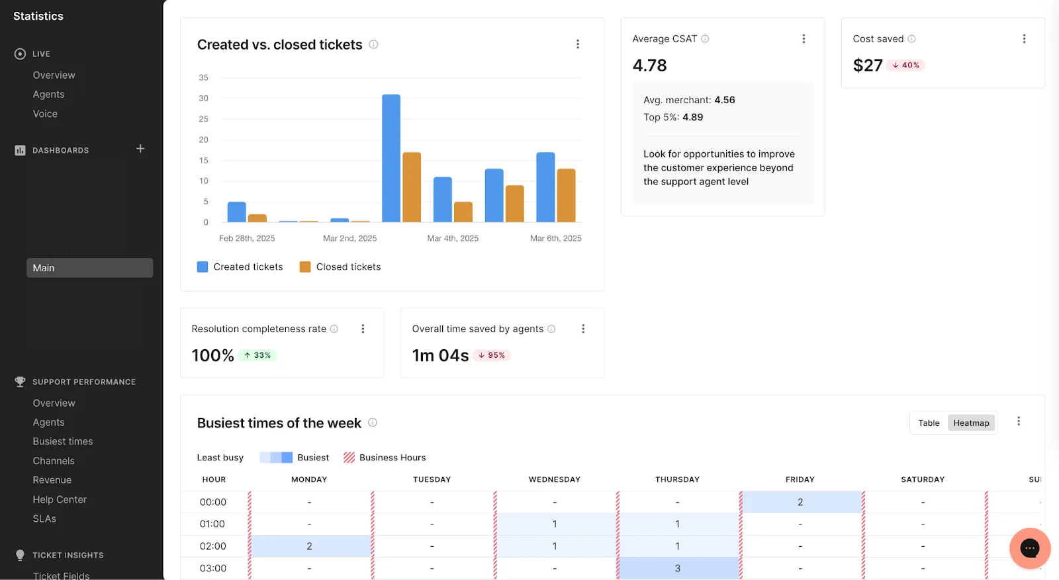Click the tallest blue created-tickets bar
click(391, 158)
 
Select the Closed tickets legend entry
click(340, 267)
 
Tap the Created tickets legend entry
click(240, 267)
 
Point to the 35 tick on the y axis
click(203, 77)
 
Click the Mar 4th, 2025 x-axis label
click(453, 239)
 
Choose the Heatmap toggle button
click(971, 423)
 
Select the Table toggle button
click(929, 423)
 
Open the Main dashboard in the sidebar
click(90, 268)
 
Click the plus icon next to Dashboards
click(140, 149)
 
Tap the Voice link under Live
click(45, 114)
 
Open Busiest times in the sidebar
click(63, 441)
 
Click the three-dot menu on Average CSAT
click(804, 39)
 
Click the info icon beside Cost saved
click(911, 39)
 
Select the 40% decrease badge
click(905, 65)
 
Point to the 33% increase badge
click(257, 355)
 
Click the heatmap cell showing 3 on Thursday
click(678, 568)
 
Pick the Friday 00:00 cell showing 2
click(800, 502)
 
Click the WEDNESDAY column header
click(555, 479)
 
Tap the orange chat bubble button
click(1030, 548)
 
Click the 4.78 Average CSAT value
click(649, 65)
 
